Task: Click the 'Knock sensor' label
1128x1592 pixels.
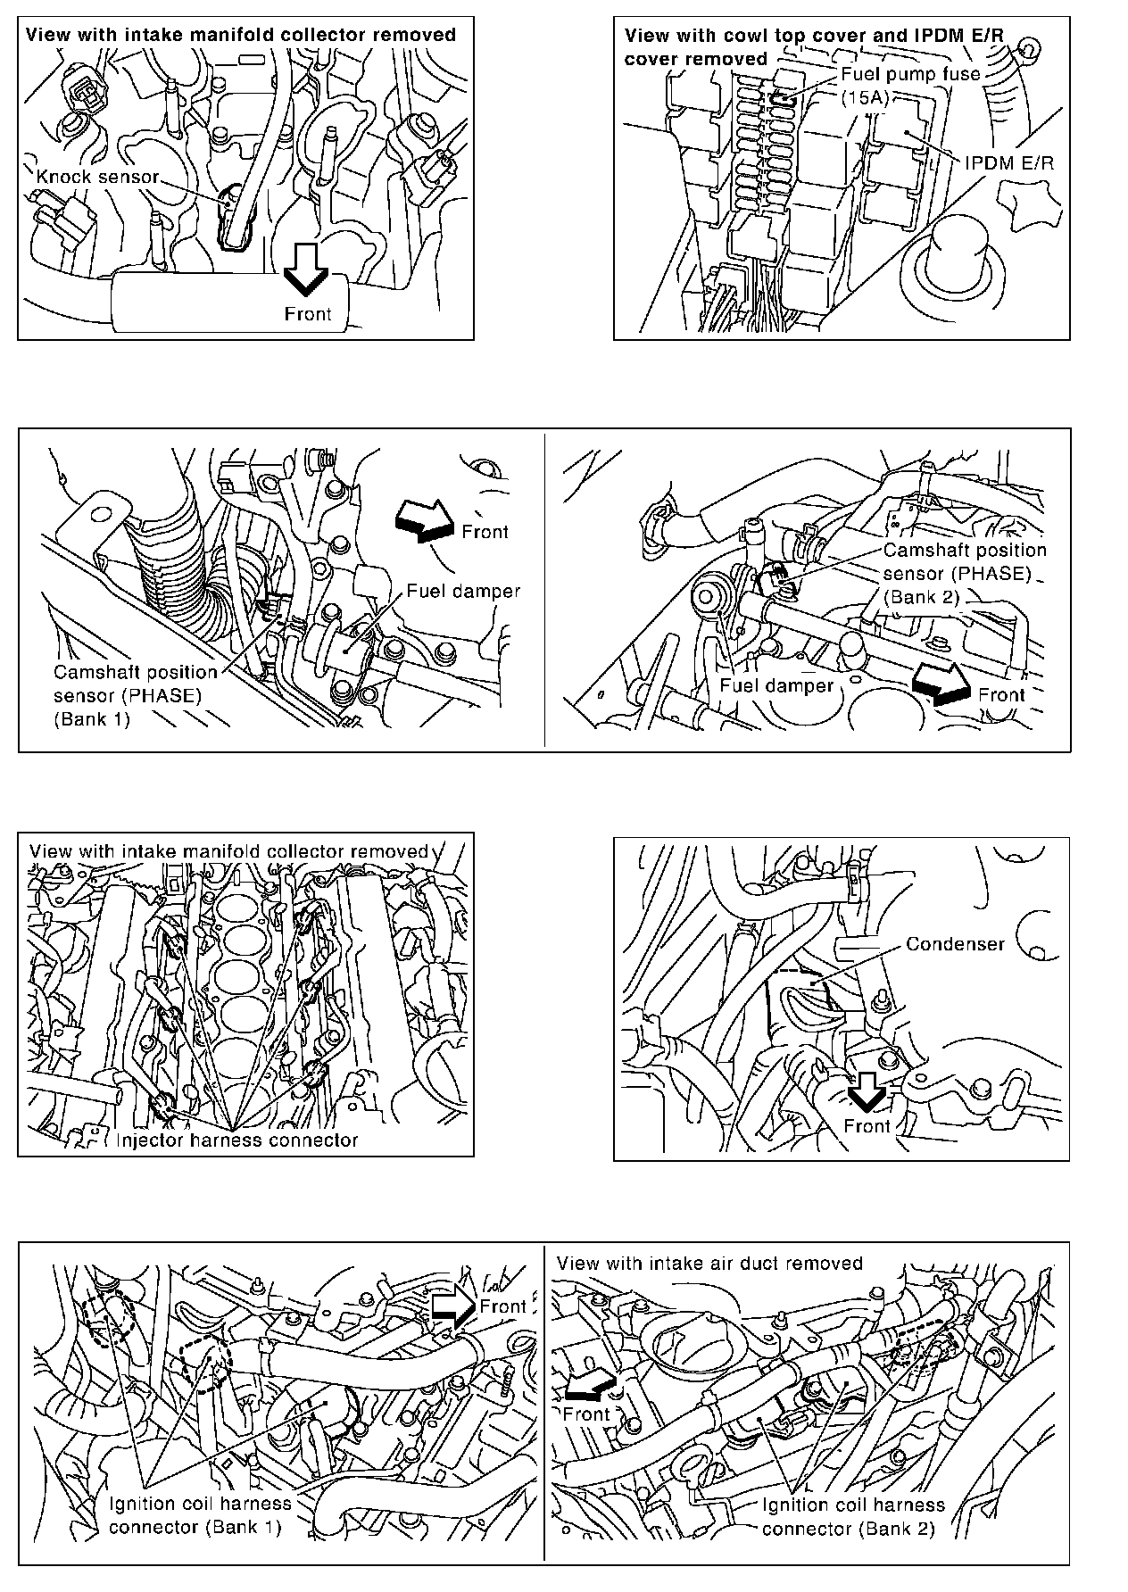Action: [x=96, y=177]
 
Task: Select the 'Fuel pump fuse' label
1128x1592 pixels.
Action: [x=910, y=74]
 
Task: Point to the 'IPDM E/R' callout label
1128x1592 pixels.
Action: [x=1008, y=163]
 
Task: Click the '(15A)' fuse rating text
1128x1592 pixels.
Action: [x=865, y=97]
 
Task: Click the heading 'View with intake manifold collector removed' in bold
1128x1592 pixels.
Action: [x=241, y=35]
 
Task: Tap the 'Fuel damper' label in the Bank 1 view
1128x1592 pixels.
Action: [x=463, y=591]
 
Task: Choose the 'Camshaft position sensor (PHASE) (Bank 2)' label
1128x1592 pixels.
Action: [x=965, y=574]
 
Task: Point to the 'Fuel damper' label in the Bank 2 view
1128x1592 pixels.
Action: [x=775, y=685]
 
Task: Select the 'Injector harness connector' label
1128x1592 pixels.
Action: [x=237, y=1140]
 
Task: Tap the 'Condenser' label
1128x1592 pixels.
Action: [x=955, y=943]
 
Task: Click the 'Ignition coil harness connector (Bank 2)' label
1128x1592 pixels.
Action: [x=853, y=1517]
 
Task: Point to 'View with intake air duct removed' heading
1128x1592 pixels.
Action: [x=709, y=1263]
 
